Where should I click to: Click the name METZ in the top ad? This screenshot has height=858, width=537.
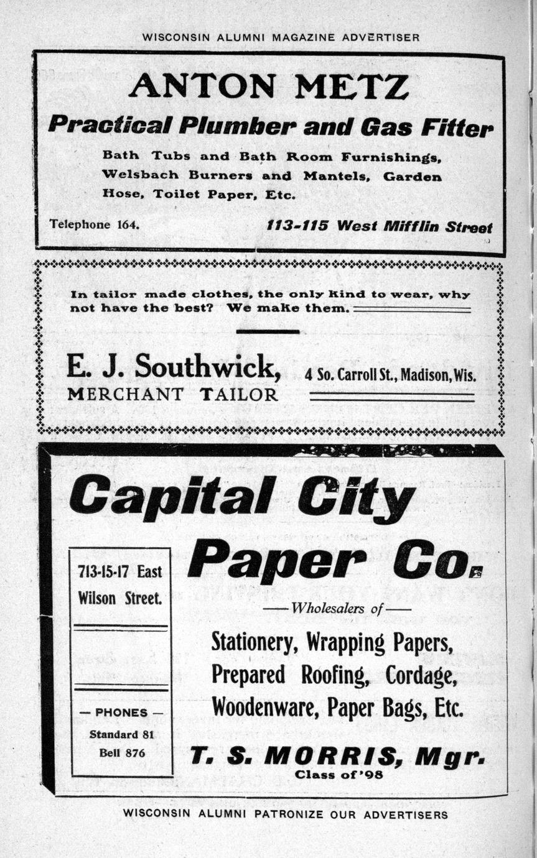click(x=352, y=86)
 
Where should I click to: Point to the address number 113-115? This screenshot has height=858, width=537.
click(x=297, y=226)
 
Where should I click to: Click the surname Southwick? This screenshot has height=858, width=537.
click(x=208, y=367)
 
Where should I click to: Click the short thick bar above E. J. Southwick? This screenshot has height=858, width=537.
click(x=268, y=331)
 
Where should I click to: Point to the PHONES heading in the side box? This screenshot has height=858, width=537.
click(x=121, y=713)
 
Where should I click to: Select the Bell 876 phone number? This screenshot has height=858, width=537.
click(x=122, y=753)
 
